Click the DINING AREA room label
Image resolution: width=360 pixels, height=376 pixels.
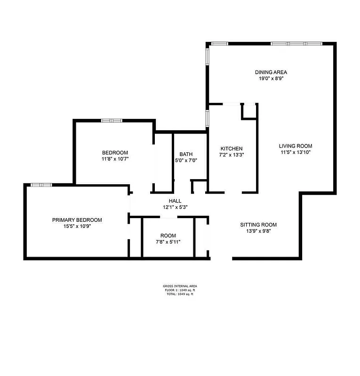(x=271, y=72)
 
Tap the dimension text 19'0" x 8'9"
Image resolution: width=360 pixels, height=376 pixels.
(x=271, y=78)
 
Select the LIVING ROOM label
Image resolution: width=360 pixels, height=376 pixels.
(x=295, y=146)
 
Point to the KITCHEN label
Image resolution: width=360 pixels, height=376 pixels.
(x=231, y=148)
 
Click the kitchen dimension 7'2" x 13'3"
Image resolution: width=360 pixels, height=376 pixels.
(x=231, y=155)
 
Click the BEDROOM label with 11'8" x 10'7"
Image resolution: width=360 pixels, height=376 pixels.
(x=115, y=152)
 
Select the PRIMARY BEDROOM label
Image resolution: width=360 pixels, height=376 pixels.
(x=77, y=219)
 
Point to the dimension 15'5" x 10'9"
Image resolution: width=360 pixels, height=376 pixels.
(x=77, y=226)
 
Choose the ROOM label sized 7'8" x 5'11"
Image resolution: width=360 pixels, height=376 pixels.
(x=168, y=235)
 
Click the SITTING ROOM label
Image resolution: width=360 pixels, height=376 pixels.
(x=258, y=224)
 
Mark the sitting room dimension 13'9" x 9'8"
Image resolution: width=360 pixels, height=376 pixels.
(x=258, y=231)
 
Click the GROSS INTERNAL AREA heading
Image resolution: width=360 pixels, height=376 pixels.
(x=180, y=286)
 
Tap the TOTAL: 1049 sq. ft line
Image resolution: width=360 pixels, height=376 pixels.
(x=180, y=294)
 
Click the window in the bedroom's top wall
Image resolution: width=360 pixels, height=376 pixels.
(x=112, y=120)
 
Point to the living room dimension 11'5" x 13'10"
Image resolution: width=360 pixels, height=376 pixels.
(x=295, y=152)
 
